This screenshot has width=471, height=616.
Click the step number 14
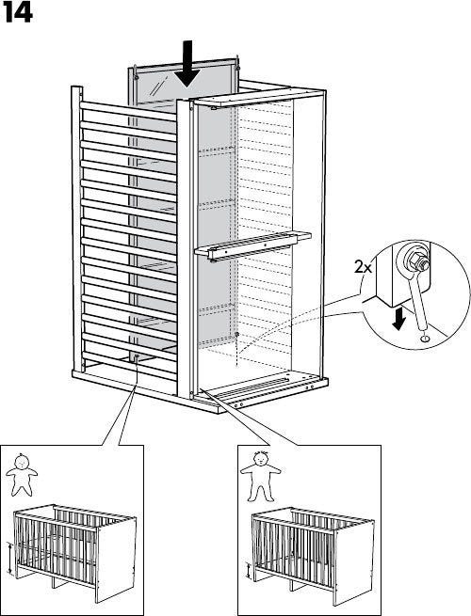coord(17,14)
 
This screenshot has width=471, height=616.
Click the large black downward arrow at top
coord(188,63)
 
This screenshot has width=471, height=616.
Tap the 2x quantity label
coord(363,267)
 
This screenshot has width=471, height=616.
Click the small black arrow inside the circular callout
coord(399,319)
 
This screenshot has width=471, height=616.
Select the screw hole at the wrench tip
coord(425,338)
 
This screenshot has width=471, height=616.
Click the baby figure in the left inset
coord(22,475)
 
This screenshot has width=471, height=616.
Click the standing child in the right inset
coord(261,477)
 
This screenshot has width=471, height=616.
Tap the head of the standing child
coord(260,458)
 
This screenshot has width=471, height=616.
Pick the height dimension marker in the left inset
coord(9,559)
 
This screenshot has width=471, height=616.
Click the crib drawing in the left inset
coord(74,553)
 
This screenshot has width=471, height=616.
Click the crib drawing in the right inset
coord(313,556)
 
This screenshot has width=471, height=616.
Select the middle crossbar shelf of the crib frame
coord(252,245)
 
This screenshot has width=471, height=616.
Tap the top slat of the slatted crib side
coord(128,111)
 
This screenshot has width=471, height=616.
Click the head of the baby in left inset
coord(22,461)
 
